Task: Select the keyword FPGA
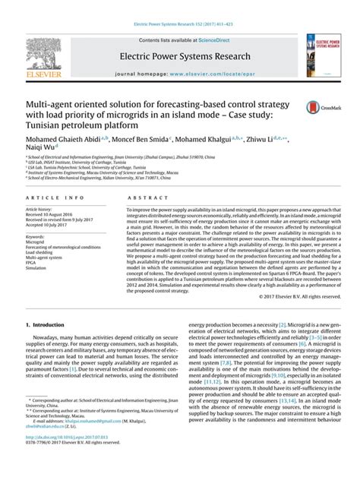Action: (x=33, y=263)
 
